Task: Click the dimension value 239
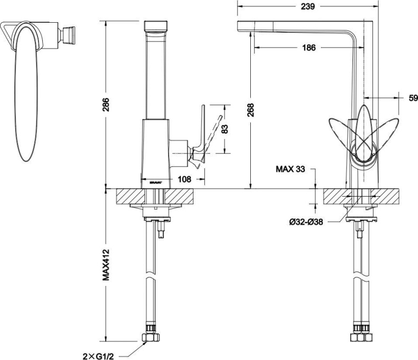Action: pos(307,6)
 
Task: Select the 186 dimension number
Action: pos(308,48)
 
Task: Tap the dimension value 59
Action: pos(413,98)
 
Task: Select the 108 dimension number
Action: pos(184,179)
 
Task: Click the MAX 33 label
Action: pos(290,169)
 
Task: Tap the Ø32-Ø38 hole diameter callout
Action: pos(306,221)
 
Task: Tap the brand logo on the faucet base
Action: pos(156,181)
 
